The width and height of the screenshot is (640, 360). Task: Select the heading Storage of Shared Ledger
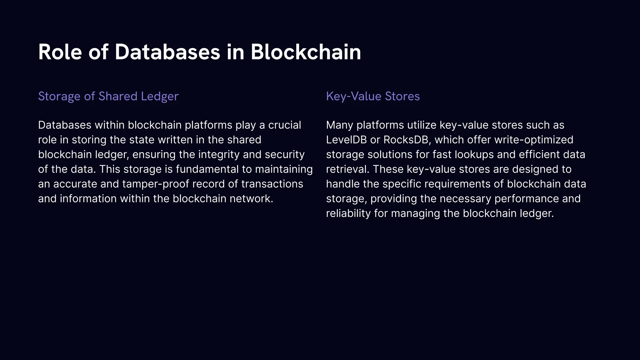[108, 96]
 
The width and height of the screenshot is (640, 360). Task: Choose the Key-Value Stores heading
[373, 96]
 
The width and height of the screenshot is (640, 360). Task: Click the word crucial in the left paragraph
[284, 125]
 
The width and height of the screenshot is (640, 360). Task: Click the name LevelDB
[346, 140]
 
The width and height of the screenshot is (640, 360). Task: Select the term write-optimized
[533, 140]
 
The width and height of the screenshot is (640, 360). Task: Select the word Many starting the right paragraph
[340, 125]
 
